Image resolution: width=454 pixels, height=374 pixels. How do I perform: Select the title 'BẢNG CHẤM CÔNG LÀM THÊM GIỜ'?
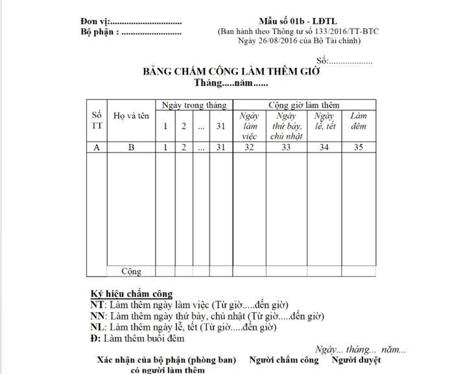(232, 72)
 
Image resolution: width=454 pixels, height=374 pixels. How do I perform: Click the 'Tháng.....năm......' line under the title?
(231, 83)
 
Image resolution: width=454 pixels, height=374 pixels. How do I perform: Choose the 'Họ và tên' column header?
(131, 116)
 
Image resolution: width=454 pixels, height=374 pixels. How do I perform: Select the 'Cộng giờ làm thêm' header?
(304, 105)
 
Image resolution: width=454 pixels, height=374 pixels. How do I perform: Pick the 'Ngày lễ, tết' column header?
(324, 121)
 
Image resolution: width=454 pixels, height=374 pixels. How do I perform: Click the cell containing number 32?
(249, 147)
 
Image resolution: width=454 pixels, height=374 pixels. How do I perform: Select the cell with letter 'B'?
(131, 147)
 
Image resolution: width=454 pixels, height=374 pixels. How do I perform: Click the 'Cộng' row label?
(131, 271)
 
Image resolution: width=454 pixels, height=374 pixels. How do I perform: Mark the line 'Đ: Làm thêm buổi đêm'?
(137, 338)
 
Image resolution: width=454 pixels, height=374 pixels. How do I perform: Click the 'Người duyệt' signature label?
(356, 360)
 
